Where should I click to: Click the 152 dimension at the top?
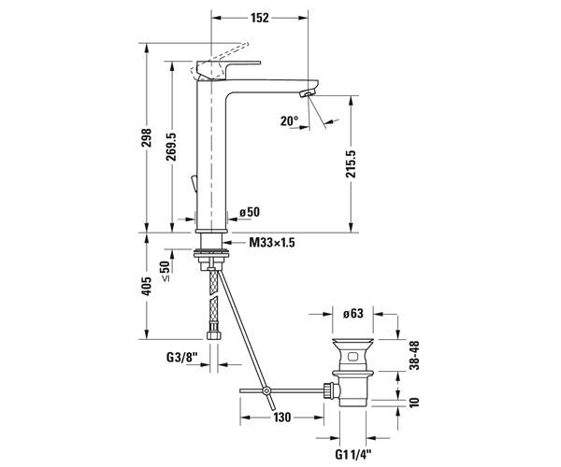260,18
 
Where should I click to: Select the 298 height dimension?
147,137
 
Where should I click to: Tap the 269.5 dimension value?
172,147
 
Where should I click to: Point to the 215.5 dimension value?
351,163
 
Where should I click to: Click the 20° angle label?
289,121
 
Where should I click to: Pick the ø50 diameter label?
250,212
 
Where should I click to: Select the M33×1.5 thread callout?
272,243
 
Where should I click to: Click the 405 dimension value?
147,286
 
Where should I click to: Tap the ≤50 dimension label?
165,271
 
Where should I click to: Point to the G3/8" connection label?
182,357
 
